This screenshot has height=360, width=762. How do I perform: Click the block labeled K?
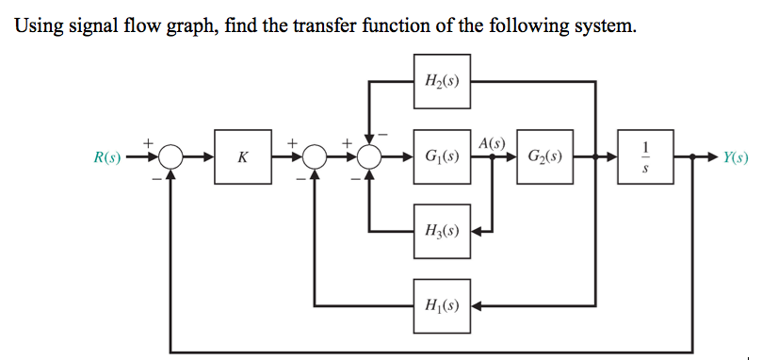(x=242, y=157)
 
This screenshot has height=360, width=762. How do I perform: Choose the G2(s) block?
(x=543, y=157)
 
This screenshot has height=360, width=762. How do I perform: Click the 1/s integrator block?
(x=645, y=157)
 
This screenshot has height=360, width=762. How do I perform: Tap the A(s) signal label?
(x=492, y=143)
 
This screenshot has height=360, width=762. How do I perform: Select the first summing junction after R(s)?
(x=170, y=157)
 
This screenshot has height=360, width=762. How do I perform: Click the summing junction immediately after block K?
(x=316, y=157)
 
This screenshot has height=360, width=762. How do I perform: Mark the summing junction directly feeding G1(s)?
(x=368, y=157)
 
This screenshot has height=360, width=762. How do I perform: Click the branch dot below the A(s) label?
(x=493, y=157)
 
